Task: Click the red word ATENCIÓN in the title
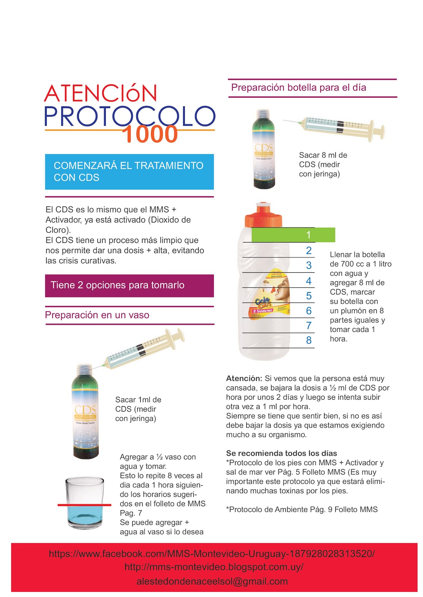tap(101, 93)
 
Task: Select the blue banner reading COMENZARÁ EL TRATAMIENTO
tap(129, 172)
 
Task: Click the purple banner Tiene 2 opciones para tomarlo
tap(129, 286)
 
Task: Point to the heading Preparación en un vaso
tap(97, 315)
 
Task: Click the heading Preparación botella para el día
tap(298, 88)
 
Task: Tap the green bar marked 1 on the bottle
tap(293, 235)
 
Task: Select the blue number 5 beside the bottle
tap(309, 296)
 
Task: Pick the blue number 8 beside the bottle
tap(309, 340)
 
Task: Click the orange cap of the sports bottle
tap(263, 215)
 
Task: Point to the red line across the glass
tap(84, 505)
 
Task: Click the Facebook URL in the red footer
tap(211, 554)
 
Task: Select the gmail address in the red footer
tap(212, 581)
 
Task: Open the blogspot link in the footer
tap(214, 567)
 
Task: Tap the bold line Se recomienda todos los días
tap(281, 453)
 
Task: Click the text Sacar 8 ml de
tap(323, 155)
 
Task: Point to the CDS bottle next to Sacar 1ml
tap(85, 411)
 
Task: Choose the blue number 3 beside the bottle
tap(309, 265)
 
